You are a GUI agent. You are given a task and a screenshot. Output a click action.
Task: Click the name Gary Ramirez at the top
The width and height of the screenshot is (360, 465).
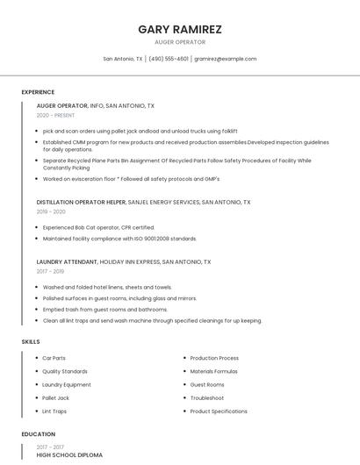[180, 29]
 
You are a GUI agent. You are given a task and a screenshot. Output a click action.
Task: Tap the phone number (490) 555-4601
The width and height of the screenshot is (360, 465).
[169, 59]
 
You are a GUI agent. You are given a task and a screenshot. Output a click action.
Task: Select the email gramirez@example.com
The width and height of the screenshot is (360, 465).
[226, 59]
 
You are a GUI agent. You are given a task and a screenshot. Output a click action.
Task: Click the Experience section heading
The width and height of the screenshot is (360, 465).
[38, 92]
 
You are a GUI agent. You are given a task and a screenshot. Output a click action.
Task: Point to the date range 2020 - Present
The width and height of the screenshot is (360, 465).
[55, 115]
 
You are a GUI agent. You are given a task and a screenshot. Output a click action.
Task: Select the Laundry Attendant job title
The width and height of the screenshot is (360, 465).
[67, 261]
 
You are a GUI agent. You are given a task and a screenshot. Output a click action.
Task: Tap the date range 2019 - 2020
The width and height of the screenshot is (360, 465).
[51, 211]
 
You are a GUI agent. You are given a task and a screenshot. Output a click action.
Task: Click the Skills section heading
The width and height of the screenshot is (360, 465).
[31, 341]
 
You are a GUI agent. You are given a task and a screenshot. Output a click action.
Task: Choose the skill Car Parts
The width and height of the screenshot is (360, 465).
[54, 358]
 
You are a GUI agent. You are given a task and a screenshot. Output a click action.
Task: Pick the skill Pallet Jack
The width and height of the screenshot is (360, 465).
[56, 397]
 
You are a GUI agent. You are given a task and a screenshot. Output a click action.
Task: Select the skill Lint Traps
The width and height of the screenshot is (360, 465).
[54, 411]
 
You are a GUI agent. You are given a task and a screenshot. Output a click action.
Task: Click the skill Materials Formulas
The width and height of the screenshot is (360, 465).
[214, 371]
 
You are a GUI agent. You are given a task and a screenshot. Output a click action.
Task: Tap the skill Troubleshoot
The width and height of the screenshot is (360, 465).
[207, 397]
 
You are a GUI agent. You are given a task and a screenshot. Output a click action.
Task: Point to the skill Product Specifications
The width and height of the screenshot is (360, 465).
[219, 411]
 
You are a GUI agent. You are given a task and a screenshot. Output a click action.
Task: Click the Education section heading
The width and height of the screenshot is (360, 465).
[39, 434]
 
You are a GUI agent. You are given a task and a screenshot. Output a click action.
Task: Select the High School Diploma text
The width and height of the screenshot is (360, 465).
[69, 455]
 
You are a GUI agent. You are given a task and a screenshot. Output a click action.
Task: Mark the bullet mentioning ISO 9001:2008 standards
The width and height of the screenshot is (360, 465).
[120, 238]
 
